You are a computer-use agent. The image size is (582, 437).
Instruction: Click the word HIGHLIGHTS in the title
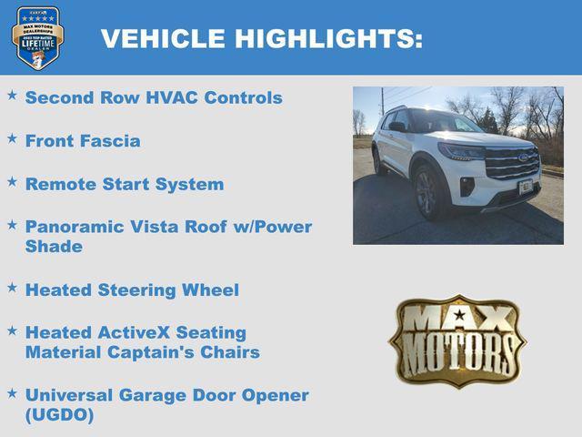(x=328, y=38)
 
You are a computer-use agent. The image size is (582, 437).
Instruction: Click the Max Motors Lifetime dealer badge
(x=38, y=37)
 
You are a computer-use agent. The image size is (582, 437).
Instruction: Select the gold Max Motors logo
(x=457, y=340)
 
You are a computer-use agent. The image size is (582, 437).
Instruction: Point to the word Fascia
(x=108, y=141)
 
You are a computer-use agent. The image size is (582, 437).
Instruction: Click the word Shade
(x=54, y=247)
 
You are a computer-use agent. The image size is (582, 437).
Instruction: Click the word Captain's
(x=162, y=352)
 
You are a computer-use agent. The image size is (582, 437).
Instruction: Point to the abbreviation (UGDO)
(x=59, y=415)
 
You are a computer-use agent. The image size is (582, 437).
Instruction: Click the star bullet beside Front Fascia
(x=12, y=138)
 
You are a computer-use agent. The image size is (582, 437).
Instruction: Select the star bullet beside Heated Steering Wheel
(x=12, y=288)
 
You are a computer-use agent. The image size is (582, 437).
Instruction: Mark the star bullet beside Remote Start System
(x=12, y=181)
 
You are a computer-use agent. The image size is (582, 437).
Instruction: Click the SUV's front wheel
(x=426, y=193)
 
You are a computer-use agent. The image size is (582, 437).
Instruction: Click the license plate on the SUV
(x=525, y=187)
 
